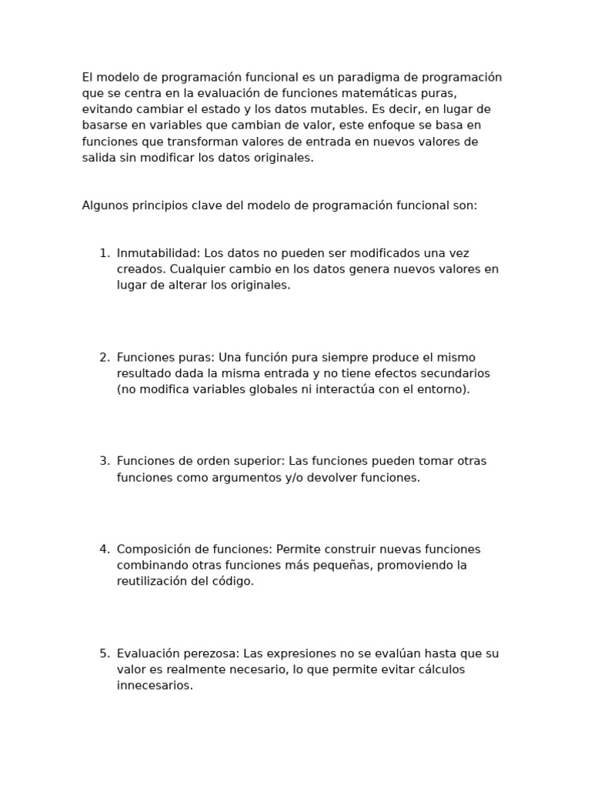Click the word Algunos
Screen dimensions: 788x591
point(104,205)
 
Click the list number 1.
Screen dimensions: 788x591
point(104,253)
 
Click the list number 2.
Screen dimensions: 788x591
point(104,357)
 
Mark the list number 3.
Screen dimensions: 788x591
point(104,461)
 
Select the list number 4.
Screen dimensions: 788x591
point(104,549)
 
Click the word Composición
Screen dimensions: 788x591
point(155,549)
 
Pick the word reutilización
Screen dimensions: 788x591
point(152,581)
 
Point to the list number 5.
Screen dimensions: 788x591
point(104,653)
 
